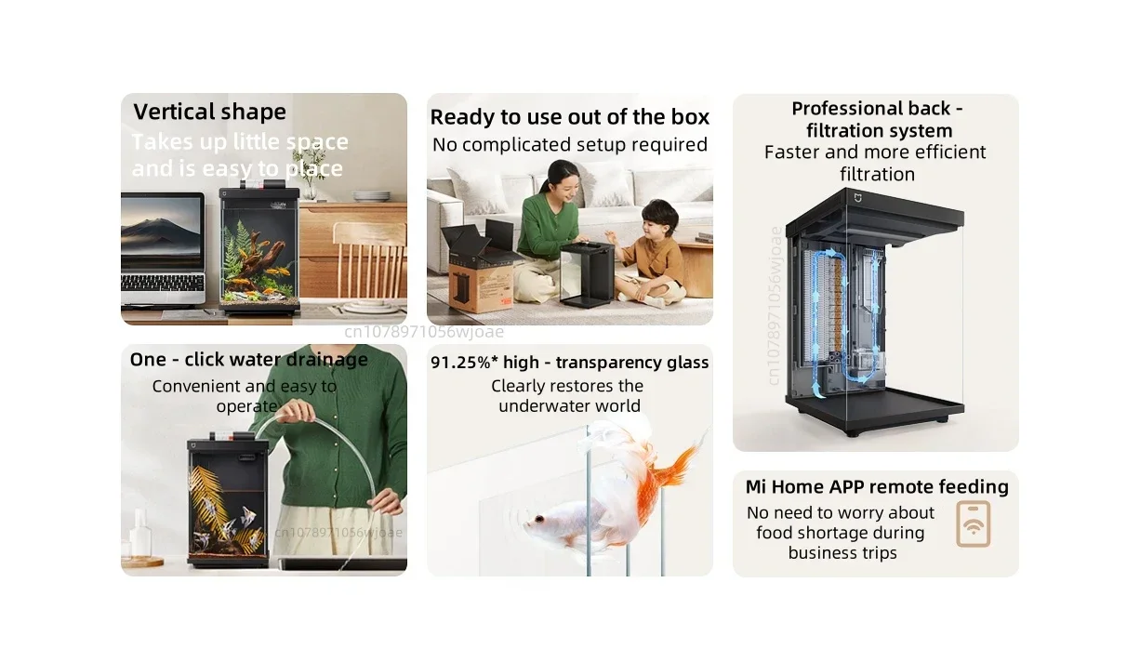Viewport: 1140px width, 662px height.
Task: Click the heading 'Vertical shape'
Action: tap(209, 112)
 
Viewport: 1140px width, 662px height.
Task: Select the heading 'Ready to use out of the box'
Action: tap(569, 117)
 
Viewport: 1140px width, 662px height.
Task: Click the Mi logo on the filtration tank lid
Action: tap(857, 197)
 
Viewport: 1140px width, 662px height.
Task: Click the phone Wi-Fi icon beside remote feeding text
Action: tap(973, 524)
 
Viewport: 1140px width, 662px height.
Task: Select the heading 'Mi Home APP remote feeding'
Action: tap(877, 487)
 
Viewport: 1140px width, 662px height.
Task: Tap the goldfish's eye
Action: tap(539, 519)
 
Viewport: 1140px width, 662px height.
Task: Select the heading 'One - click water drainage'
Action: tap(249, 359)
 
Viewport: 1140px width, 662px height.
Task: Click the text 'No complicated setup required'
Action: tap(569, 145)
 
